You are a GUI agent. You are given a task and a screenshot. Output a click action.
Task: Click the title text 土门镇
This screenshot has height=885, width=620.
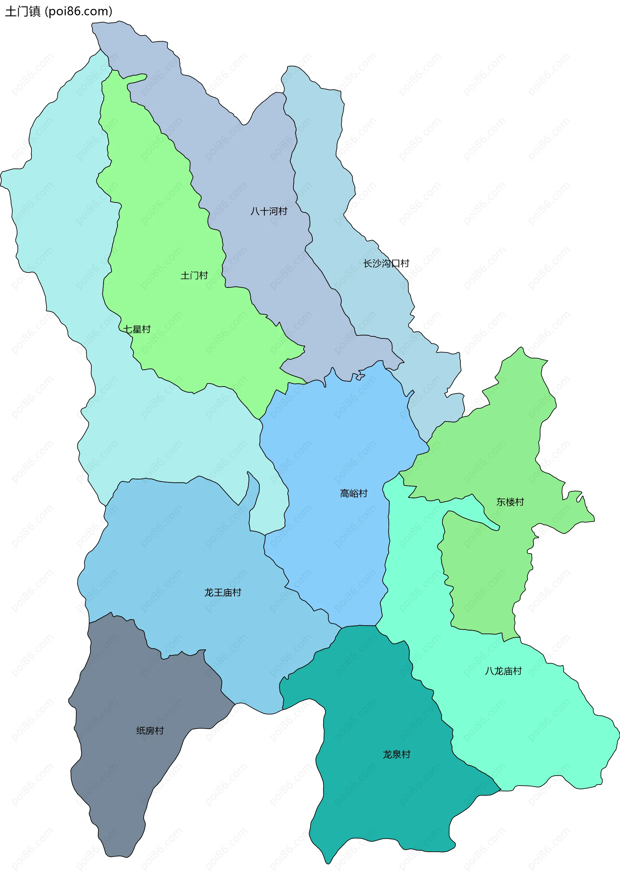coord(22,12)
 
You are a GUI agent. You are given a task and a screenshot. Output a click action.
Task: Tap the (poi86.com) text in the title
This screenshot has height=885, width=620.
coord(79,12)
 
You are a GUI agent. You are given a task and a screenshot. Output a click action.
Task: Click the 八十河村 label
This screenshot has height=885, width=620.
coord(269,211)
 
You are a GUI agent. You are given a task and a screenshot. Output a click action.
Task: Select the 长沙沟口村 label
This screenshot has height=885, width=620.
coord(386,263)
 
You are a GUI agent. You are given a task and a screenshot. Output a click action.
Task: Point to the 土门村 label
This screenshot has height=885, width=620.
coord(194,275)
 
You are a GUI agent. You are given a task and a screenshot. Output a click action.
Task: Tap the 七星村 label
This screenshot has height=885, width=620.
coord(137,329)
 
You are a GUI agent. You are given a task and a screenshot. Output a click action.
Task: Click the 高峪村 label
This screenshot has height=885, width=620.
coord(354,493)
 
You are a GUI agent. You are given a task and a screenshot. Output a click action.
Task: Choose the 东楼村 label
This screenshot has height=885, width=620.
coord(510,502)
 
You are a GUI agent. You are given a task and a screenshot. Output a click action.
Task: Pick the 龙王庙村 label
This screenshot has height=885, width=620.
coord(222,593)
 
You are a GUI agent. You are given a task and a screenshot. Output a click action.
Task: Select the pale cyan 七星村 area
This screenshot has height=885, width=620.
coord(58,231)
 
